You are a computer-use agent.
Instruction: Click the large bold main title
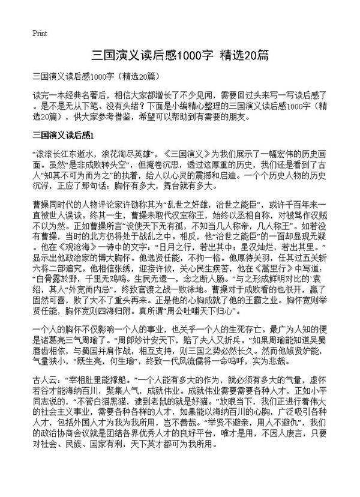[x=179, y=55]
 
